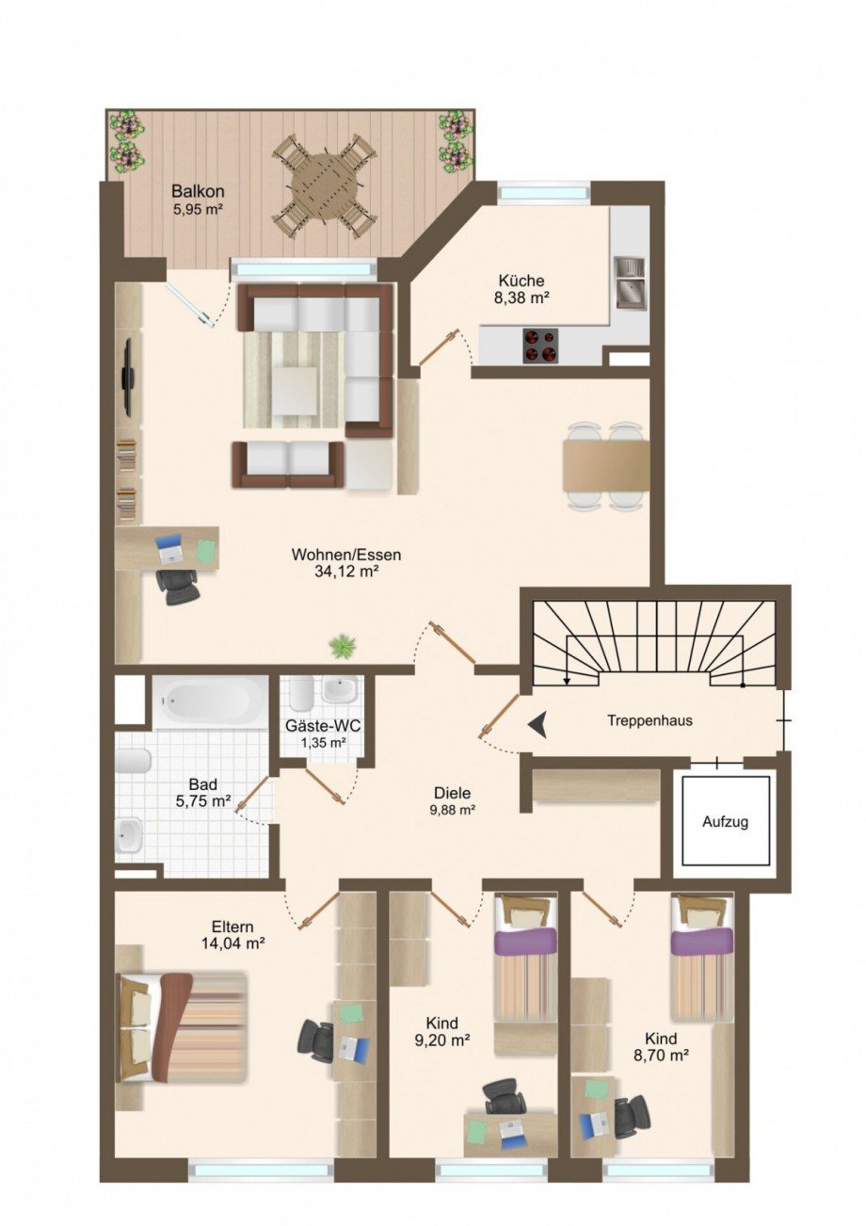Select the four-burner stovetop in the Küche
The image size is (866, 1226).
point(539,345)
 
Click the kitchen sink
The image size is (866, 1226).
point(629,282)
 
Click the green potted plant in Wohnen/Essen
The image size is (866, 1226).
point(342,646)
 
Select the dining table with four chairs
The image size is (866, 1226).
point(605,466)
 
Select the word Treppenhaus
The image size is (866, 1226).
point(649,721)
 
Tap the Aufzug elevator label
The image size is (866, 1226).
point(725,822)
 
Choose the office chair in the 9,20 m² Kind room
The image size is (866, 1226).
point(501,1096)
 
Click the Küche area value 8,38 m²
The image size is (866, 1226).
point(521,298)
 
